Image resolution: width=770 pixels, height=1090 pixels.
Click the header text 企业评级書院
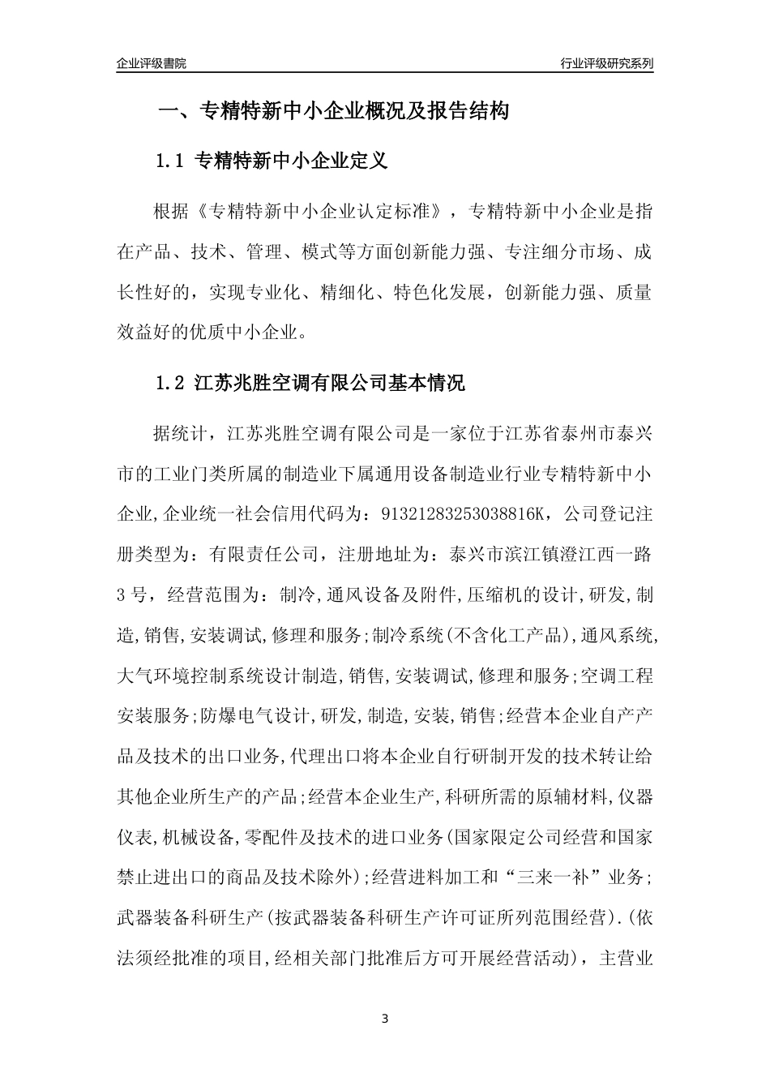(x=151, y=63)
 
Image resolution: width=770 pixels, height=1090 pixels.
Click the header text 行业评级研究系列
(x=606, y=63)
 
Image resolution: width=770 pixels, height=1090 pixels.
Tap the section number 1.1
(x=171, y=161)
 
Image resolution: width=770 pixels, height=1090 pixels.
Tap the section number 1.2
(x=171, y=383)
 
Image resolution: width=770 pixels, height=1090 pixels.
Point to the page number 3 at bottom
(x=385, y=1018)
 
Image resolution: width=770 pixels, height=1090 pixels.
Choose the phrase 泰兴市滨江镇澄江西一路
(x=543, y=555)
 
